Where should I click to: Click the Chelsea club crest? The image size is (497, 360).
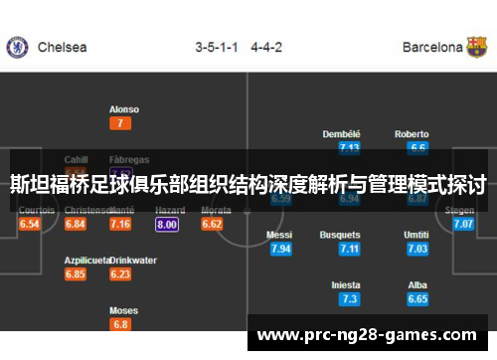pyautogui.click(x=16, y=47)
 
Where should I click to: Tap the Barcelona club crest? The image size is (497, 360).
pyautogui.click(x=478, y=47)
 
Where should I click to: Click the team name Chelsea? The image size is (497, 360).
pyautogui.click(x=62, y=47)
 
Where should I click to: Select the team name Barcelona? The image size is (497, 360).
pyautogui.click(x=432, y=47)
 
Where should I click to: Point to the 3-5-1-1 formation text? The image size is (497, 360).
pyautogui.click(x=217, y=47)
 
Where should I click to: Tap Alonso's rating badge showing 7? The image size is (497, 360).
pyautogui.click(x=121, y=124)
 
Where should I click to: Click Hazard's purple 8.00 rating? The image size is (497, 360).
pyautogui.click(x=167, y=225)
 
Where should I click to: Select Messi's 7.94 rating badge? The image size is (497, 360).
pyautogui.click(x=280, y=249)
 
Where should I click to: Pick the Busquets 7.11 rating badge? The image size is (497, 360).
pyautogui.click(x=349, y=249)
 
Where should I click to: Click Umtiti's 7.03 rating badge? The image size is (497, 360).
pyautogui.click(x=417, y=249)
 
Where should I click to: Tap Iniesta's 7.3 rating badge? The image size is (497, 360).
pyautogui.click(x=349, y=298)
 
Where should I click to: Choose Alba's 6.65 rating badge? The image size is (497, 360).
pyautogui.click(x=417, y=298)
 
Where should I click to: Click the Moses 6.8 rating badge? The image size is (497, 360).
pyautogui.click(x=121, y=324)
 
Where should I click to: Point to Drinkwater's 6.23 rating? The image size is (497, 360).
pyautogui.click(x=121, y=274)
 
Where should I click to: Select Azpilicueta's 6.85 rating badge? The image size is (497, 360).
pyautogui.click(x=76, y=274)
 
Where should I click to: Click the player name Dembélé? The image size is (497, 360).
pyautogui.click(x=341, y=134)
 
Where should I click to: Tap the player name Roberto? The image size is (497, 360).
pyautogui.click(x=412, y=134)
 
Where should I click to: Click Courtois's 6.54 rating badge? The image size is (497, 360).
pyautogui.click(x=30, y=225)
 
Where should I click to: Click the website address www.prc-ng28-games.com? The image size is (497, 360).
pyautogui.click(x=367, y=334)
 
